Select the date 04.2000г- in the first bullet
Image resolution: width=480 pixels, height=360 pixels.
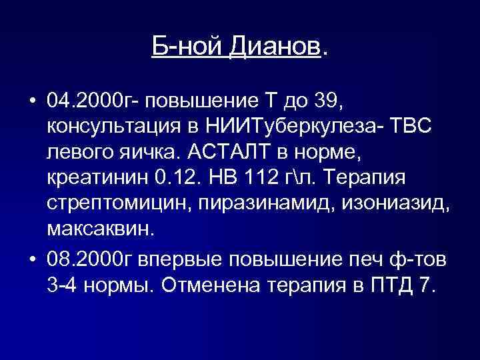tap(93, 101)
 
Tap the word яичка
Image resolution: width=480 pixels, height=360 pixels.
tap(145, 153)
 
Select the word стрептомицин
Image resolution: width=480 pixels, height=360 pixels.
tap(116, 205)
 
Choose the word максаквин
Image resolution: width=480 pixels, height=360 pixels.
tap(99, 231)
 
